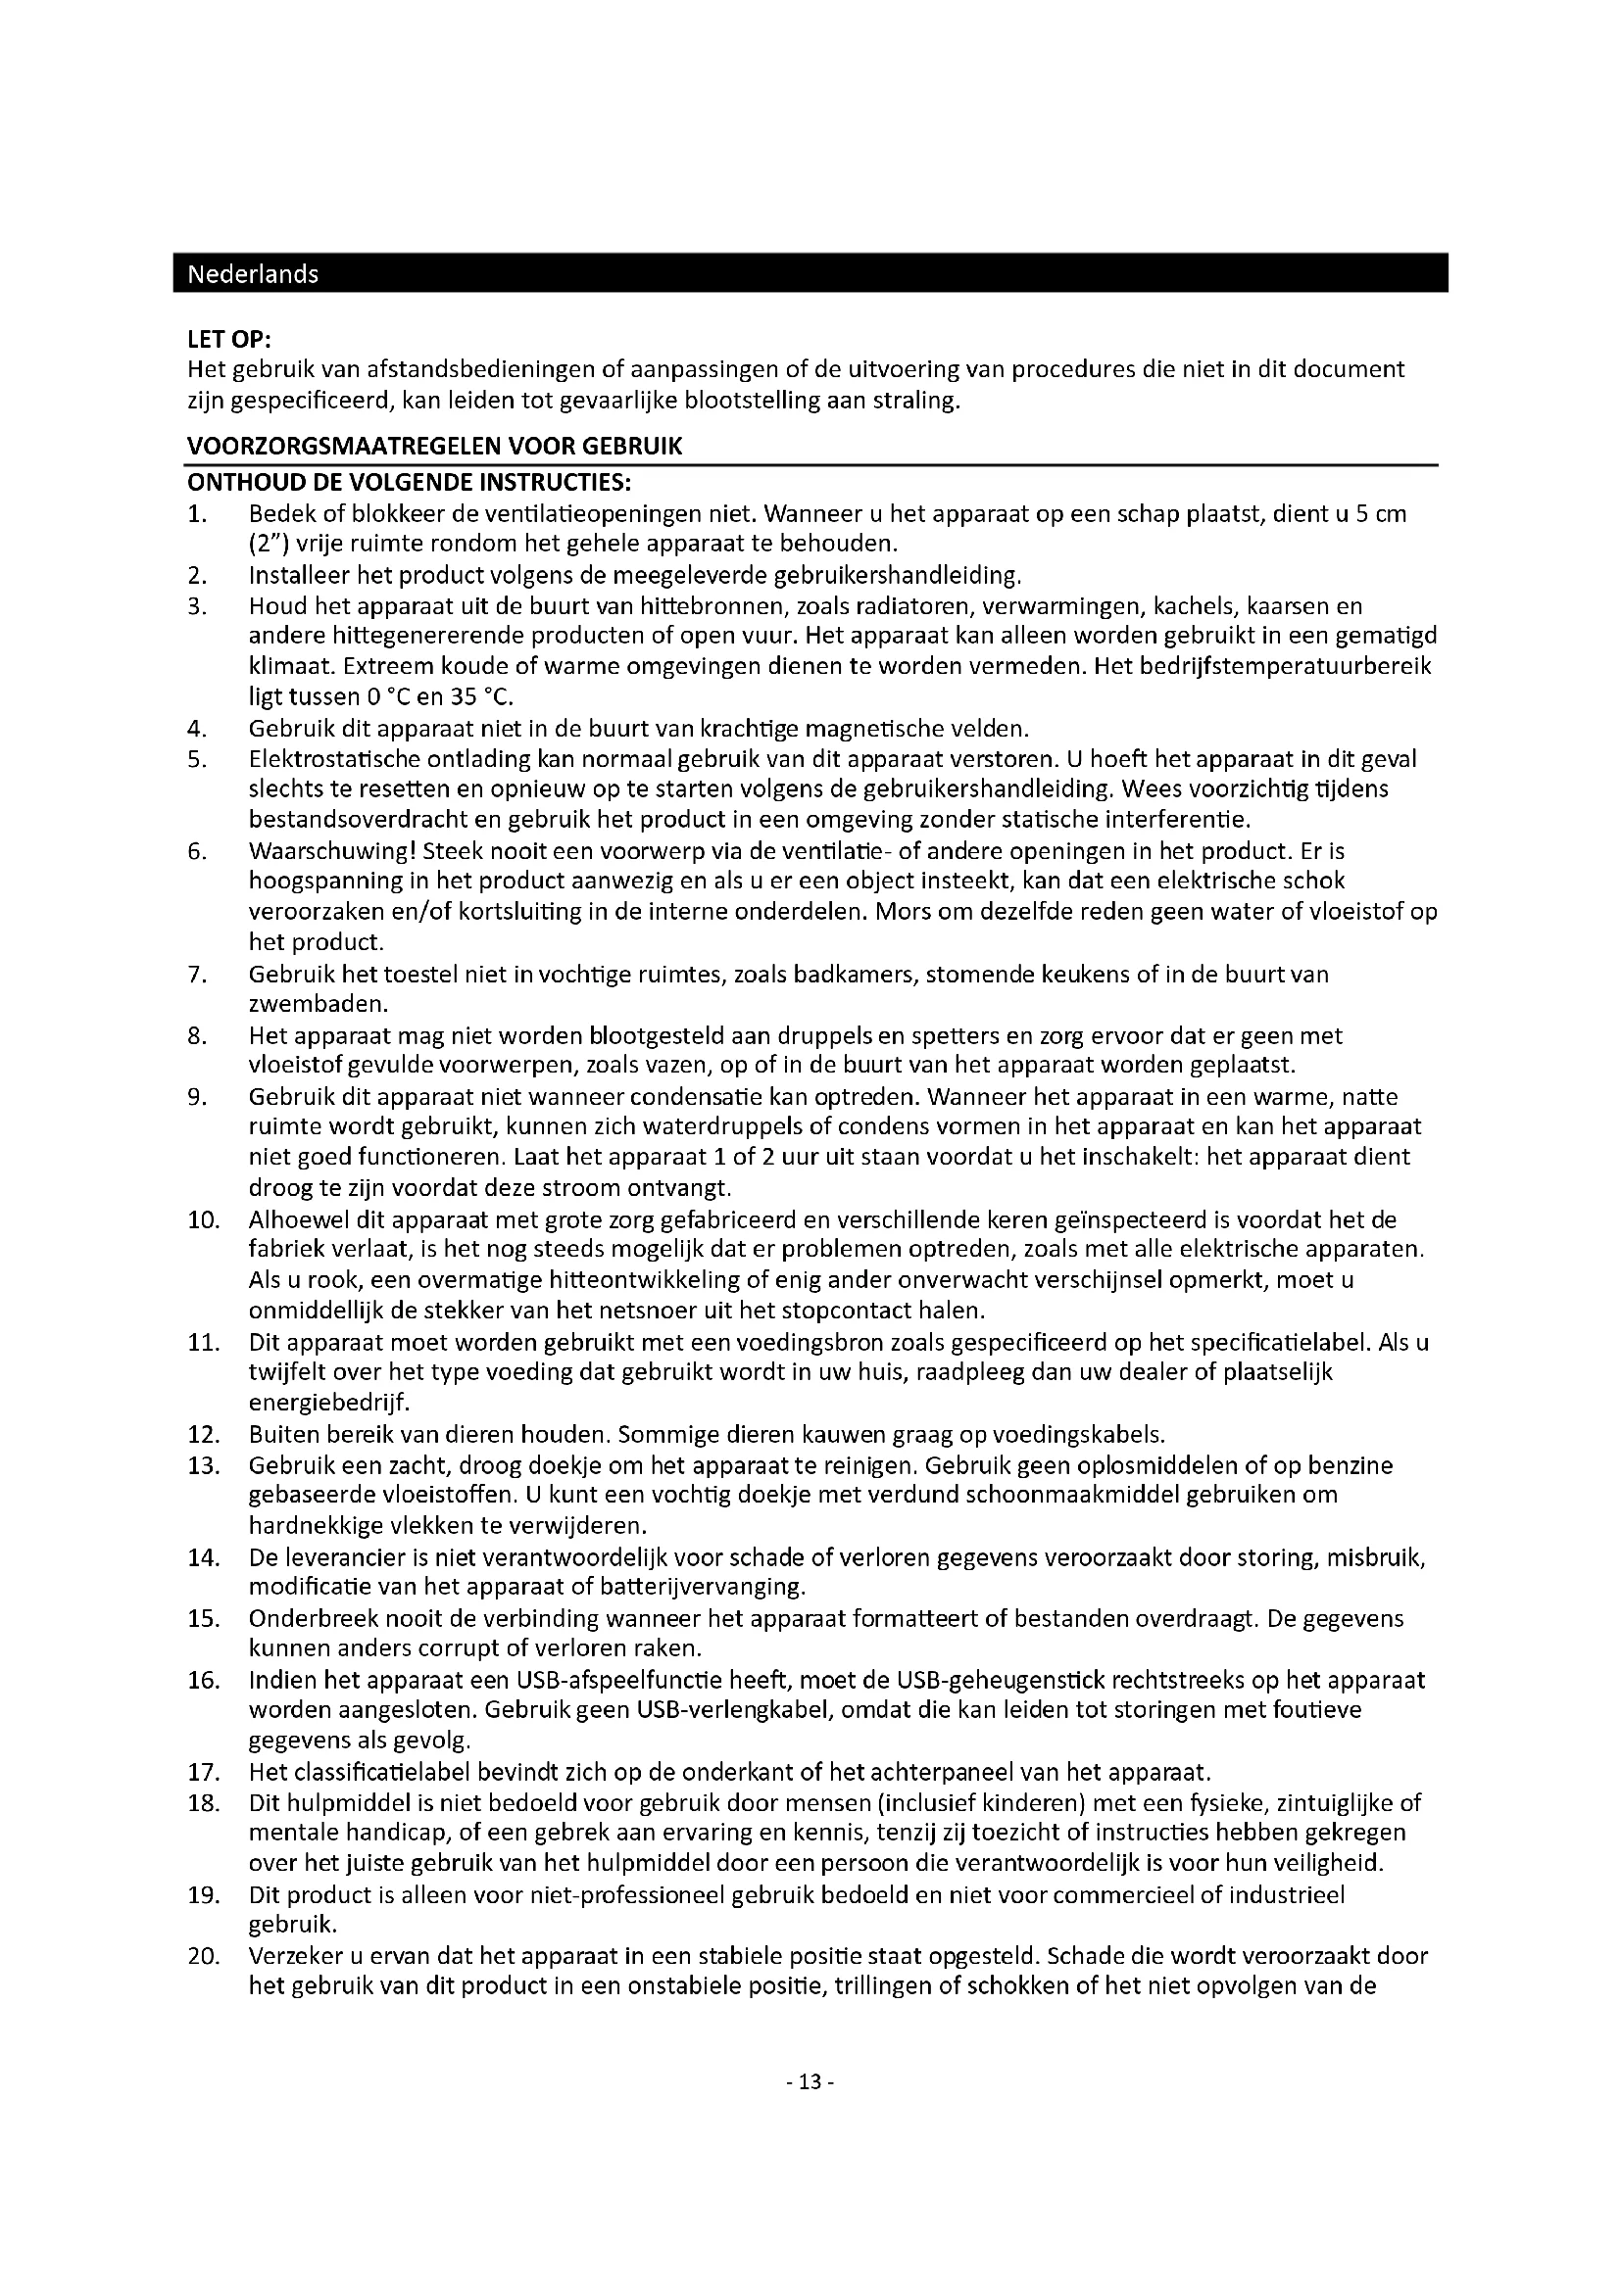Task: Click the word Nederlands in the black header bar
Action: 253,274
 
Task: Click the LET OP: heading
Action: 228,340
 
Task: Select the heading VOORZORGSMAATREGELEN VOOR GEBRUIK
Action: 434,447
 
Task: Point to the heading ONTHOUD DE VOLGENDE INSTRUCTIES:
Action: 409,483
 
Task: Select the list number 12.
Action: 203,1435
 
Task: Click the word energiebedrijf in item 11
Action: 326,1404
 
